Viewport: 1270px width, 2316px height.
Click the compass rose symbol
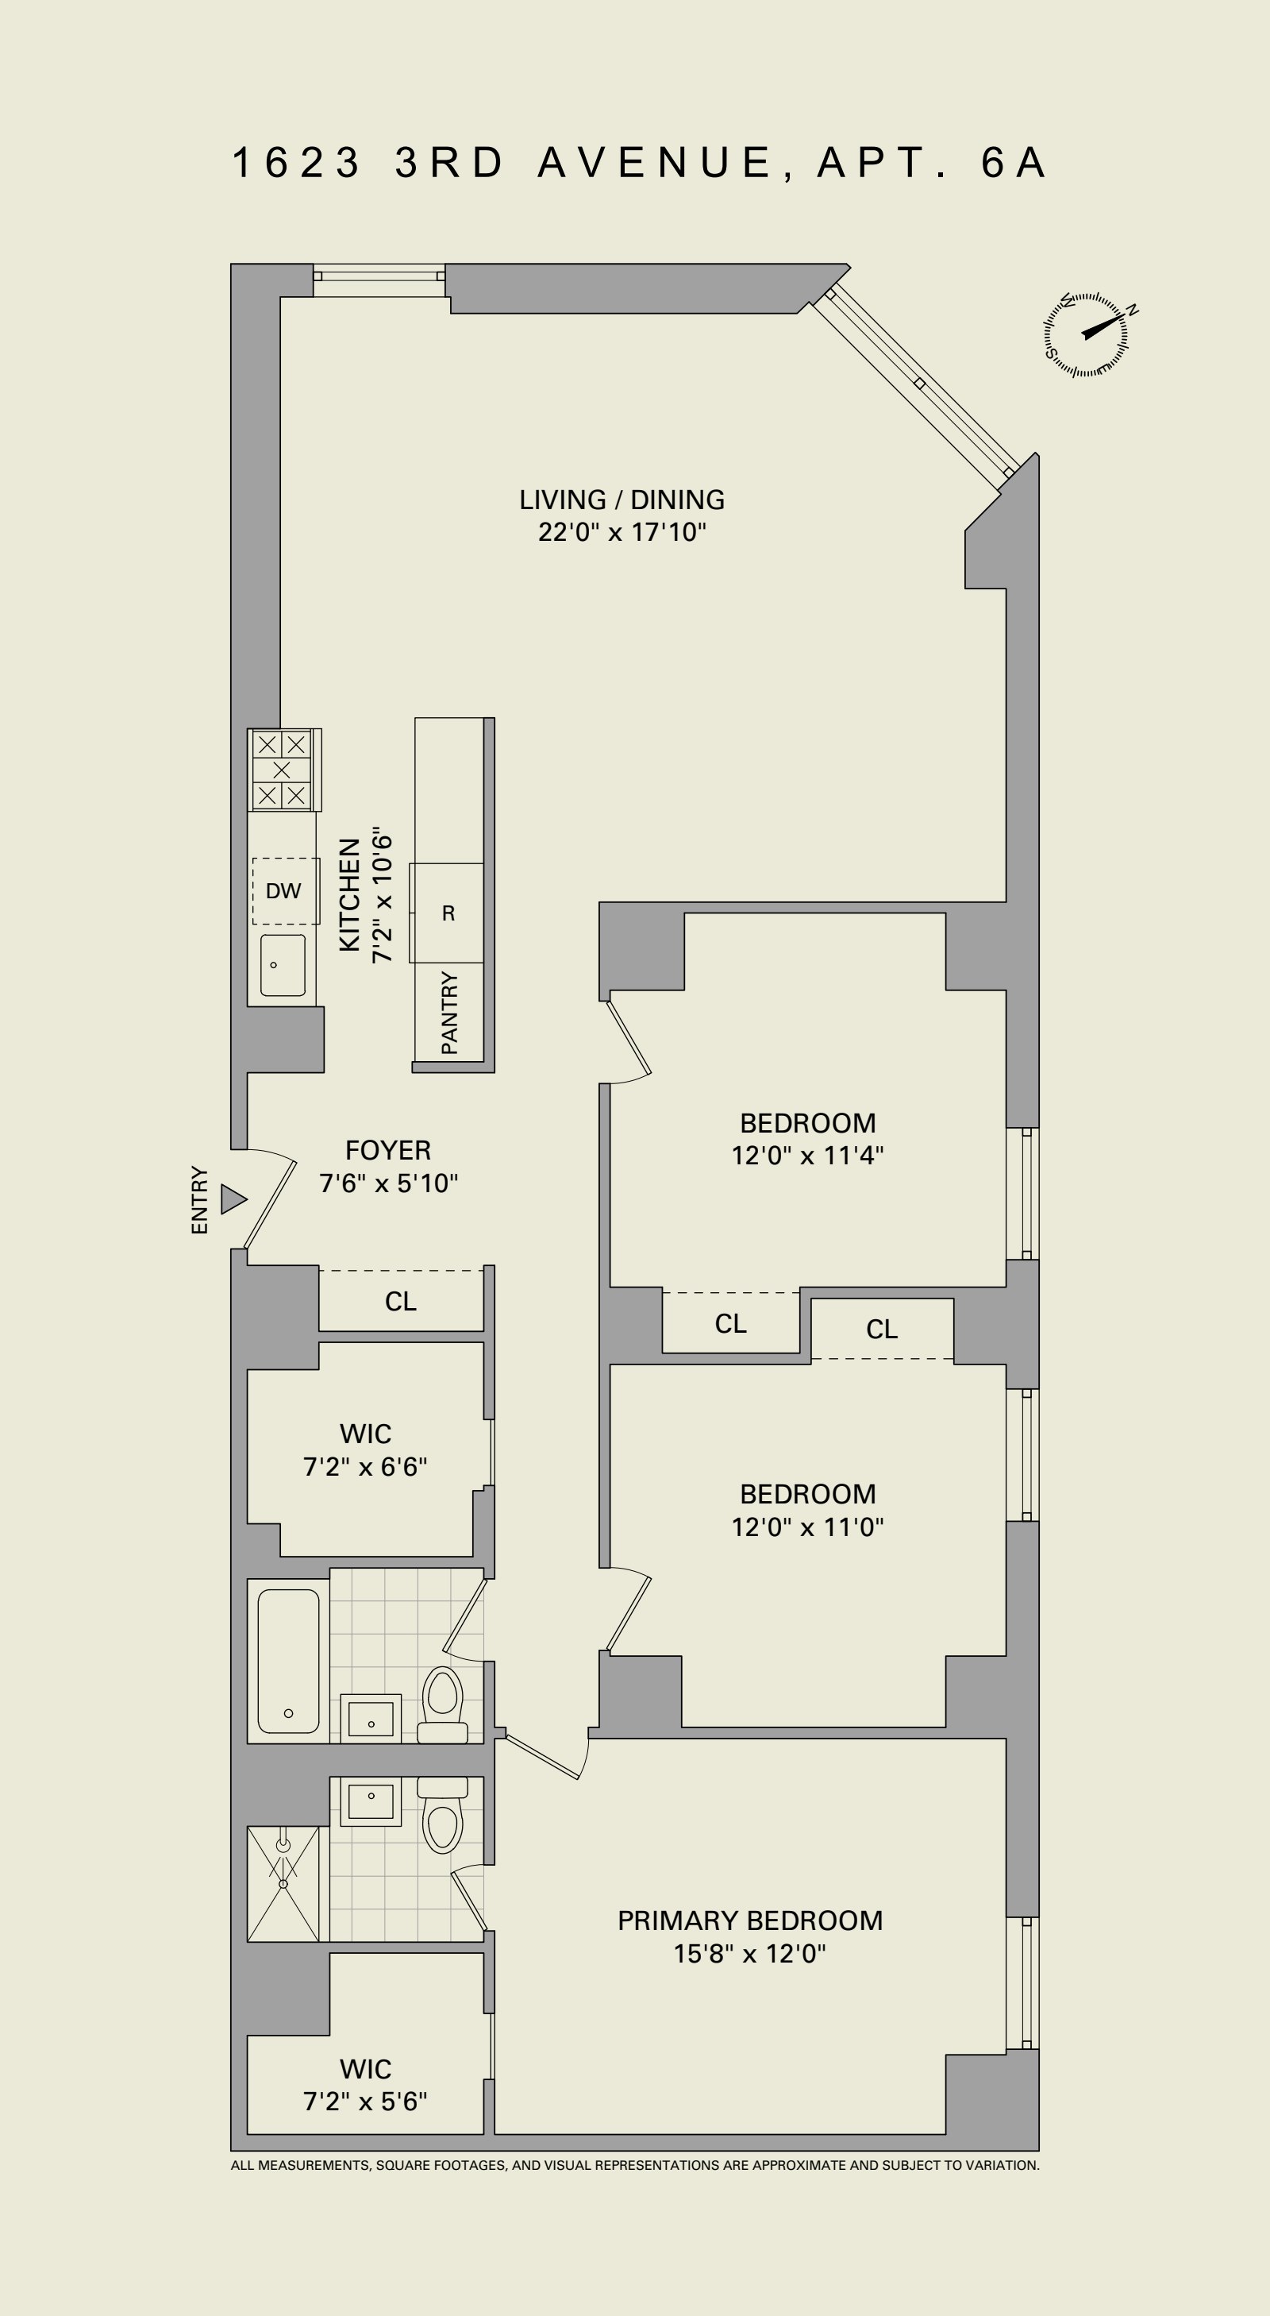tap(1086, 334)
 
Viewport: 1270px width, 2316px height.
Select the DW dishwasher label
tap(283, 891)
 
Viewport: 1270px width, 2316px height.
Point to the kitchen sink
tap(283, 965)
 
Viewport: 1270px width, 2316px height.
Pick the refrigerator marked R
tap(448, 913)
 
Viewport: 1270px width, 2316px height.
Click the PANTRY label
tap(449, 1013)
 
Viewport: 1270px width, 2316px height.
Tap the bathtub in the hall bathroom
tap(288, 1661)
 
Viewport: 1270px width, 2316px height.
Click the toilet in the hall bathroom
tap(442, 1704)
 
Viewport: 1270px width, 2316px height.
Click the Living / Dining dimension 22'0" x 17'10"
tap(623, 532)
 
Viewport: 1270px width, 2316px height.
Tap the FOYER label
tap(388, 1150)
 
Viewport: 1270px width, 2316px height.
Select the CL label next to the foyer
tap(401, 1301)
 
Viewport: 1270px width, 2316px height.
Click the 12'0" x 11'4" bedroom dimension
tap(808, 1156)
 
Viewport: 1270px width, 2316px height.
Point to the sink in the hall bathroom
tap(371, 1717)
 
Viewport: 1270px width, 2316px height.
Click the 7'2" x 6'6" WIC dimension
tap(365, 1466)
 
